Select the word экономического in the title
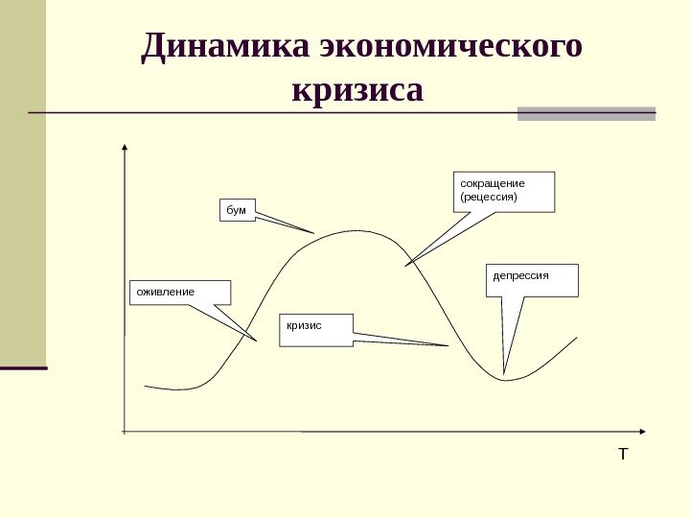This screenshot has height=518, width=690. point(452,47)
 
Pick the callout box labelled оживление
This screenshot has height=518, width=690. point(180,292)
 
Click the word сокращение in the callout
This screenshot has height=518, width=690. point(494,182)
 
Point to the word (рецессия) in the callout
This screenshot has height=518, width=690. point(489,197)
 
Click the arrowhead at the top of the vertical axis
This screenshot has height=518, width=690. point(125,148)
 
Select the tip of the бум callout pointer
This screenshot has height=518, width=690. point(314,233)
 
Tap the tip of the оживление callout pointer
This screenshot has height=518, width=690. point(257,341)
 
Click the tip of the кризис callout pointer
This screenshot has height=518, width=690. point(448,345)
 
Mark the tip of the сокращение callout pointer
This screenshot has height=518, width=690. point(405,266)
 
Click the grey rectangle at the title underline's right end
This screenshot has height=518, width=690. point(586,113)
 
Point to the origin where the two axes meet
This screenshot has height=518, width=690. point(125,432)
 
